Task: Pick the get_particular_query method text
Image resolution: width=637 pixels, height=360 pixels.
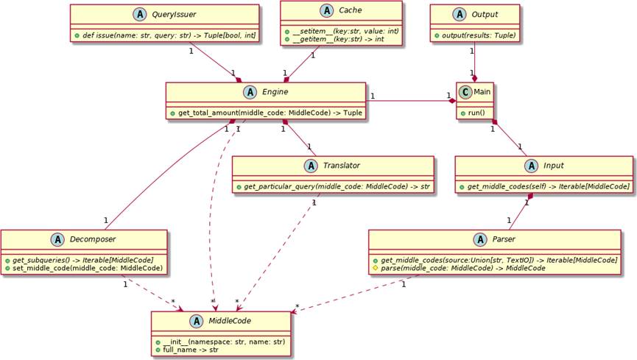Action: click(x=337, y=187)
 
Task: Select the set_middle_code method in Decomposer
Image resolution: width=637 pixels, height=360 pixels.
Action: click(x=87, y=267)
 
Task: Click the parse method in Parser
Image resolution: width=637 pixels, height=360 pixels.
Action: click(x=465, y=268)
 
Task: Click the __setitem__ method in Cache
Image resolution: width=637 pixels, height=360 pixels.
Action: click(x=342, y=32)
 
